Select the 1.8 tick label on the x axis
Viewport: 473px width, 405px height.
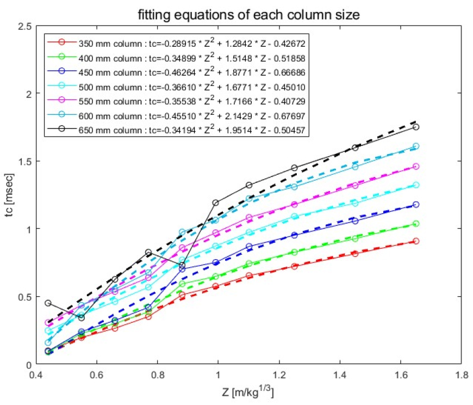coord(462,376)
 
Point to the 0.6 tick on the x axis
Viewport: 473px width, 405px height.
coord(96,376)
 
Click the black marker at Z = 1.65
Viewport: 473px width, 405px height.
coord(416,127)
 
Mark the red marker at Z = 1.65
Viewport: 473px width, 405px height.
coord(416,241)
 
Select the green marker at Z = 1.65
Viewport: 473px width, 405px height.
coord(416,224)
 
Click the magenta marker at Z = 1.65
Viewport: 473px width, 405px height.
coord(416,167)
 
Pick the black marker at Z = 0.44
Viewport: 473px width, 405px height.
coord(48,303)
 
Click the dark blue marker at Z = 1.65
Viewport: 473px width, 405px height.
coord(416,205)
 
